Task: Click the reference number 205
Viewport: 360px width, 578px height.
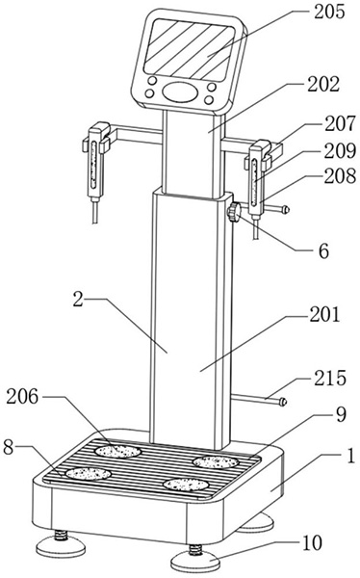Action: pos(329,12)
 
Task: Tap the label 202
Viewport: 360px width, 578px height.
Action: pos(323,85)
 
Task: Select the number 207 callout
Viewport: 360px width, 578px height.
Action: pos(340,124)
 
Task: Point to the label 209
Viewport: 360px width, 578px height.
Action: pos(340,151)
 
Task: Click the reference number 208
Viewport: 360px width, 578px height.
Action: pos(340,177)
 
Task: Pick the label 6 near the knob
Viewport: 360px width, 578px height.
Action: pos(323,251)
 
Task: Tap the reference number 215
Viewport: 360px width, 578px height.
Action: pos(330,379)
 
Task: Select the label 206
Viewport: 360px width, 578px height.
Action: pos(22,397)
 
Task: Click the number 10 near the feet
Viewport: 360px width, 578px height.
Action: pos(312,543)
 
